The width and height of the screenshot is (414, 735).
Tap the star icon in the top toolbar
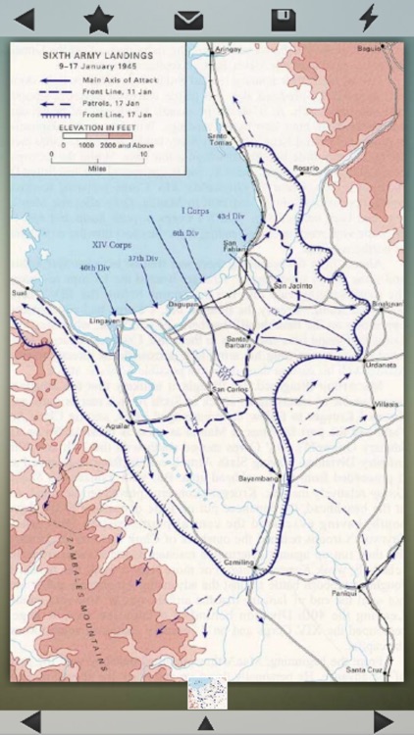[x=98, y=19]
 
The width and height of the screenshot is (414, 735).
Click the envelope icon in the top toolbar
[x=188, y=20]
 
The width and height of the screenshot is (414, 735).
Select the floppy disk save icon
[x=284, y=20]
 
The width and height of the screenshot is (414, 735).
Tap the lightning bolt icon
[x=368, y=18]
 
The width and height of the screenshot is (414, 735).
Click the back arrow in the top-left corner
[x=23, y=19]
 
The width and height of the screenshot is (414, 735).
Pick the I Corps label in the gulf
[x=195, y=211]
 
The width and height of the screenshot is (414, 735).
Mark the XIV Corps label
[x=112, y=244]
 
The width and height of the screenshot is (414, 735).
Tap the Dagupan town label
[x=182, y=304]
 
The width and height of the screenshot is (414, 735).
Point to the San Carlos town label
[x=230, y=391]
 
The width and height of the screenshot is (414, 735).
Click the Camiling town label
[x=239, y=562]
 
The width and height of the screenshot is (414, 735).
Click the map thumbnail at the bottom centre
[x=207, y=693]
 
